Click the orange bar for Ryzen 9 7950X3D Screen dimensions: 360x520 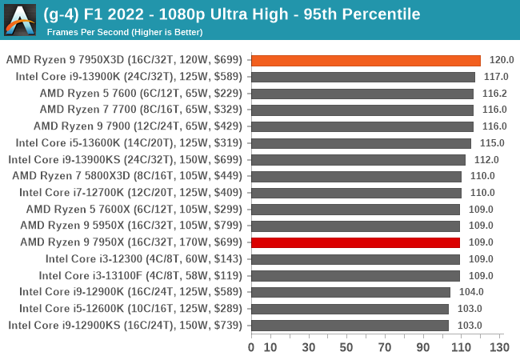click(x=366, y=60)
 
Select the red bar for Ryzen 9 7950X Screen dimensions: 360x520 click(x=355, y=242)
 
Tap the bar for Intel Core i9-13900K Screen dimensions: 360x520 click(x=363, y=77)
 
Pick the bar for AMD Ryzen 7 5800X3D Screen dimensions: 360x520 click(x=356, y=176)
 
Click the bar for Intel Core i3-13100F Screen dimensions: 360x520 click(x=355, y=275)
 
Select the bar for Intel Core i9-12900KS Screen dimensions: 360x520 click(x=350, y=325)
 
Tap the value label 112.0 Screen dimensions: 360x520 click(x=486, y=159)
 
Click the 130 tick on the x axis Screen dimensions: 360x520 click(x=499, y=347)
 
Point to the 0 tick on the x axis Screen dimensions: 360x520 click(x=251, y=347)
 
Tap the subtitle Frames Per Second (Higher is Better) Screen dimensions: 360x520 click(x=124, y=32)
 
